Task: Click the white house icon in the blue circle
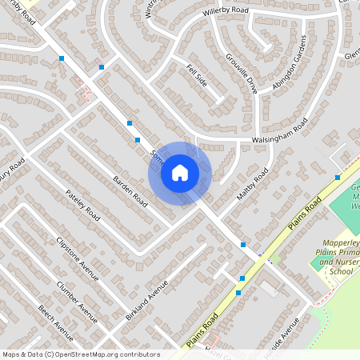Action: point(180,172)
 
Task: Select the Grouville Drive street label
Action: point(241,72)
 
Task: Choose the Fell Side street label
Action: point(197,75)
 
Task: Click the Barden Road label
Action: point(130,188)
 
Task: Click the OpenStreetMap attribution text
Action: point(81,354)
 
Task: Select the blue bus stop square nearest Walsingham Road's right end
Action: point(338,178)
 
